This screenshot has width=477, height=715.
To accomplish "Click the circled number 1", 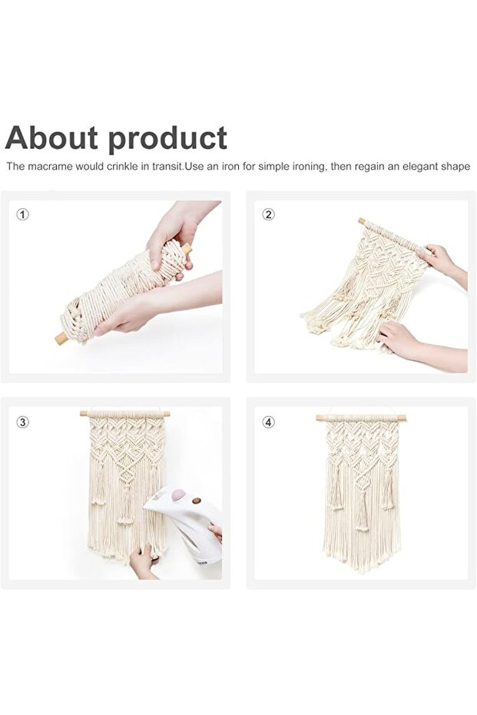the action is click(x=22, y=214).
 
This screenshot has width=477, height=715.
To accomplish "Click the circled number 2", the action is click(x=268, y=214).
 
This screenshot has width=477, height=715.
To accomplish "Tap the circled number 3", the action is click(x=22, y=422).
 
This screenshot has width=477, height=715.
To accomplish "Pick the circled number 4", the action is click(x=268, y=422).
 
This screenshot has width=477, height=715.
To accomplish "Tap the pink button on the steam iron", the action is click(x=177, y=494).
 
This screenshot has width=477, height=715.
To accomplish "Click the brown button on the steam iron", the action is click(x=197, y=501).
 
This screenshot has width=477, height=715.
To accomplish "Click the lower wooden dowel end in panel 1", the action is click(x=61, y=339).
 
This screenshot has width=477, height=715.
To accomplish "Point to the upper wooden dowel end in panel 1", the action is click(x=187, y=248).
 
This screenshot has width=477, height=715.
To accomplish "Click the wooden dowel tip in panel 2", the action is click(x=362, y=221).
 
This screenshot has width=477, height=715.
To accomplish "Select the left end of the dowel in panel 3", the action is click(x=84, y=414).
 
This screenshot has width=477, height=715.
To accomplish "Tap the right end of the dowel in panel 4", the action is click(x=402, y=418).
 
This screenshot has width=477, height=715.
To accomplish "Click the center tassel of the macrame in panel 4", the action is click(x=363, y=511).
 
